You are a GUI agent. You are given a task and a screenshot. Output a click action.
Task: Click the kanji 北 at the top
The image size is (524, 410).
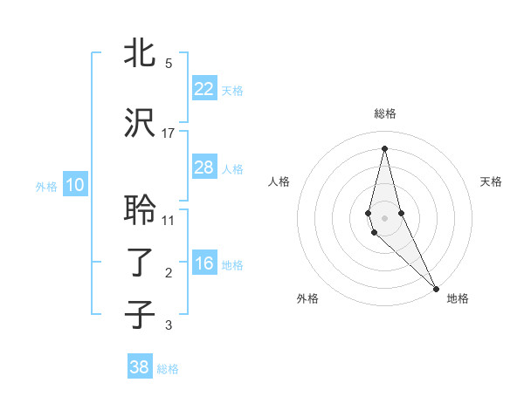pos(140,53)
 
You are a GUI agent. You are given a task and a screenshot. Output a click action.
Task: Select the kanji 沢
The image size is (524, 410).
pos(140,123)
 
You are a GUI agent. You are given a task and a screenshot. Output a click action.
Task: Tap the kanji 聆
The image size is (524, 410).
pos(140,209)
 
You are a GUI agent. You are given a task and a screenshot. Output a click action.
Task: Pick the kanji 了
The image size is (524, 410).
pos(140,263)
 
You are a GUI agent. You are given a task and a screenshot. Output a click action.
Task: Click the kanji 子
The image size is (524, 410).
pos(140,314)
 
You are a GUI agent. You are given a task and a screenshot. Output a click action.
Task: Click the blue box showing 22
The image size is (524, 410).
pos(203,89)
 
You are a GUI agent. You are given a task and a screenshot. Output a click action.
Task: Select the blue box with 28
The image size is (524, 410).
pos(203,167)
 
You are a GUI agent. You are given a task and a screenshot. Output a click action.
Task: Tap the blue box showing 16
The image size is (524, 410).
pos(203,264)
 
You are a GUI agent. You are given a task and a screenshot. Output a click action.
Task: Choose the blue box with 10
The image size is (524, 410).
pos(74,185)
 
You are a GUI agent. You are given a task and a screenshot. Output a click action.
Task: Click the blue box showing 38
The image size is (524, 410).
pos(140,367)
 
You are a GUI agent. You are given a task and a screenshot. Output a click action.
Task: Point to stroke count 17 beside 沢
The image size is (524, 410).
pos(169,133)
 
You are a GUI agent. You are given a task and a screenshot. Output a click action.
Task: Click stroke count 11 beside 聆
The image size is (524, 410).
pos(169,220)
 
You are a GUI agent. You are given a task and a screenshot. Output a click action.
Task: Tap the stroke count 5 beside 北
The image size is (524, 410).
pos(169,63)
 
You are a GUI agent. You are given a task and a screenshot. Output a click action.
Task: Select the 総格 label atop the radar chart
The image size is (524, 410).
pos(385,113)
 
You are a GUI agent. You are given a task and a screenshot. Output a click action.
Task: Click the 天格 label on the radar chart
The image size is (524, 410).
pos(491,181)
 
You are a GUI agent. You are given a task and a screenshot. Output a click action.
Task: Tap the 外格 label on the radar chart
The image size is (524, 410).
pos(307,298)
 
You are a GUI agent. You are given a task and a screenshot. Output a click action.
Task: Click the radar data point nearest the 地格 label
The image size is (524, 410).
pos(437,287)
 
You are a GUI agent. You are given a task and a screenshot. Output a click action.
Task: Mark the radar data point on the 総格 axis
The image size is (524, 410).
pos(385,147)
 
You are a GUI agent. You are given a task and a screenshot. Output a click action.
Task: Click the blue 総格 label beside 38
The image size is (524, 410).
pos(168,369)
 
